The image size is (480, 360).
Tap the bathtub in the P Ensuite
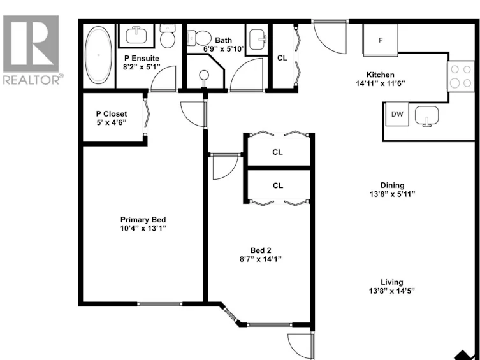click(x=98, y=55)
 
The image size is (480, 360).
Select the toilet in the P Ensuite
click(x=167, y=36)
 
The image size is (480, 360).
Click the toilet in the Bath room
click(x=199, y=38)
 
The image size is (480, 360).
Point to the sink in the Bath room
click(x=258, y=40)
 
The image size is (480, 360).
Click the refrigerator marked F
click(x=381, y=40)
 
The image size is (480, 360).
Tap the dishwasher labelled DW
click(x=397, y=114)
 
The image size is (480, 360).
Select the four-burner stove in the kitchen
click(x=461, y=76)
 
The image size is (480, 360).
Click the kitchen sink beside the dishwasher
click(x=426, y=116)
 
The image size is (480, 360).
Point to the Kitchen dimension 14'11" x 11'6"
click(x=381, y=83)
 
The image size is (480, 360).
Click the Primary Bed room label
click(x=143, y=220)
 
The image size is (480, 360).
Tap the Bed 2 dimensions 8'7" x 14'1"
click(x=261, y=259)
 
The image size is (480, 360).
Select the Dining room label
click(x=392, y=185)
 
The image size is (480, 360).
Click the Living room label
click(x=392, y=282)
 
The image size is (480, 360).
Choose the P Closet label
click(x=112, y=114)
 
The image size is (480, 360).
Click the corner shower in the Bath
click(x=205, y=71)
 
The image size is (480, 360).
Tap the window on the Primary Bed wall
click(x=159, y=304)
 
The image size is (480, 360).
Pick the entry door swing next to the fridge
click(x=330, y=38)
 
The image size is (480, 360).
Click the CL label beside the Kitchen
click(x=282, y=58)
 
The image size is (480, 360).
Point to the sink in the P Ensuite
click(x=136, y=35)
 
